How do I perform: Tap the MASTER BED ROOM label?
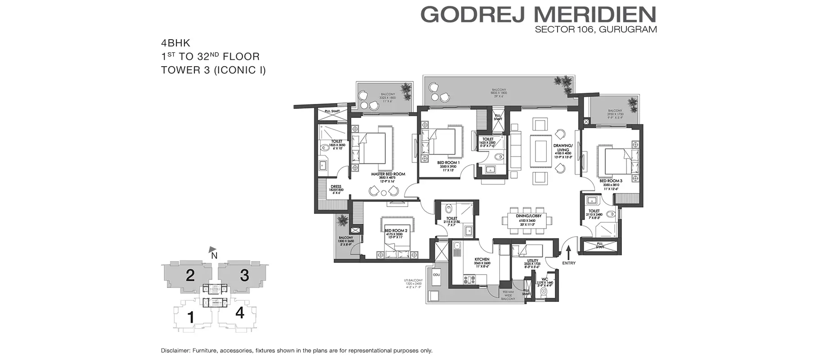point(388,174)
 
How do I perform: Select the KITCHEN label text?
point(482,260)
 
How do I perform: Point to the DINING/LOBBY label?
point(528,216)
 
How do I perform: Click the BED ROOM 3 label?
point(611,181)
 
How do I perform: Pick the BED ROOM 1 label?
point(448,162)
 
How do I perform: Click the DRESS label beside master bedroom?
point(336,186)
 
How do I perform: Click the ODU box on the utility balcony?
point(436,274)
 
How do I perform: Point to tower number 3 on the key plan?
point(244,275)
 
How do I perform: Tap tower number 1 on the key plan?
point(191,317)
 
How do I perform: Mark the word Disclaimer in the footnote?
point(175,351)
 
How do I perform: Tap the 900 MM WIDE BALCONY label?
point(508,295)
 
